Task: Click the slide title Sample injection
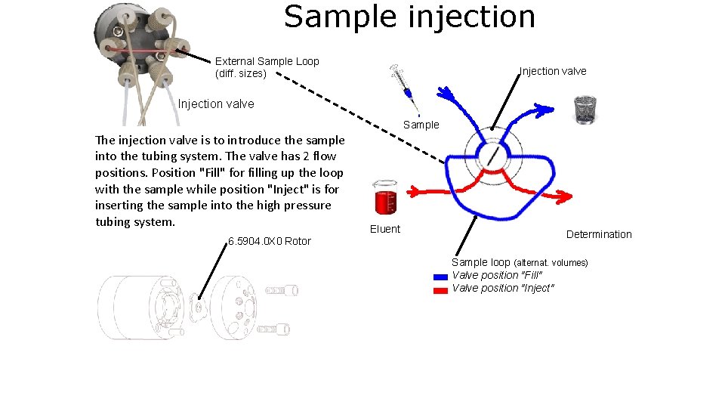click(x=409, y=17)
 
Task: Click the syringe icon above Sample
click(x=402, y=82)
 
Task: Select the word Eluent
click(x=385, y=229)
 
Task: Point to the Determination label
click(x=599, y=234)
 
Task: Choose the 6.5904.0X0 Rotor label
click(x=270, y=241)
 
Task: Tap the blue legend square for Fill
click(x=441, y=277)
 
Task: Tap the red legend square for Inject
click(x=441, y=289)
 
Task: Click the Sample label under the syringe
click(x=421, y=125)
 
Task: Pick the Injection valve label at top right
click(x=553, y=71)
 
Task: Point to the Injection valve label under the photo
click(x=216, y=104)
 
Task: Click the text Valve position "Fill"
click(x=497, y=275)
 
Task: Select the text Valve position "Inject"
click(x=503, y=288)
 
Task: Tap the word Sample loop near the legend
click(x=481, y=262)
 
